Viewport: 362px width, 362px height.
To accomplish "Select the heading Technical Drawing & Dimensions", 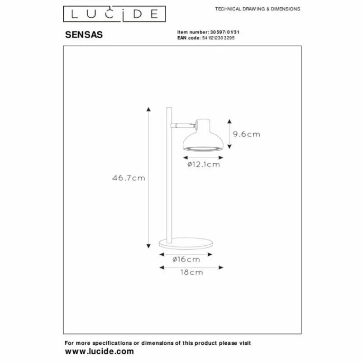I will pos(257,9).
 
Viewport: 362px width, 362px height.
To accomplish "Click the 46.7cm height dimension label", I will pos(129,178).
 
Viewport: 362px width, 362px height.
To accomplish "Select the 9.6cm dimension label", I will pos(247,134).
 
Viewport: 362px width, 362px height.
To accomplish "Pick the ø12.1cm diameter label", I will pos(203,165).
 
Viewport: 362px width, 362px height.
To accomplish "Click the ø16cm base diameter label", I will pos(186,259).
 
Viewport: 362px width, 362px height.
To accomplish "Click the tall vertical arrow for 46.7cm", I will pos(148,178).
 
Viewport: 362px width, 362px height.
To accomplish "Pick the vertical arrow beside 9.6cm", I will pos(230,134).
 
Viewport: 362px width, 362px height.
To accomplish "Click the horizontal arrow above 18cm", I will pos(192,267).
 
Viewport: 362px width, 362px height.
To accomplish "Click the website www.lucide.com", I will pos(100,351).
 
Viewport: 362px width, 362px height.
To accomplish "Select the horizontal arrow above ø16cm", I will pos(186,254).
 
